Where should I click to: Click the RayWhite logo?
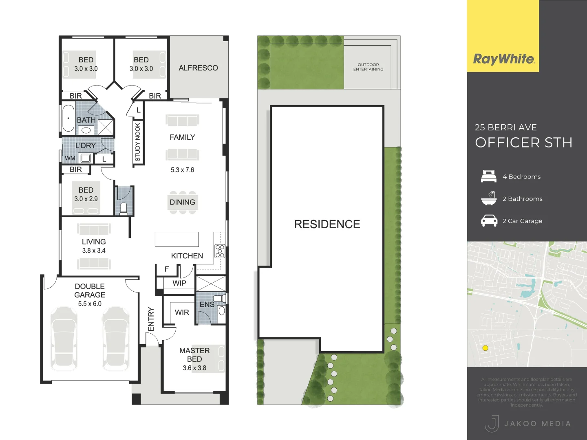pos(503,59)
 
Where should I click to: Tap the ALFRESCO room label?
pos(198,68)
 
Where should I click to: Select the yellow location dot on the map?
pos(485,348)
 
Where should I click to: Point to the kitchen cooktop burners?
pos(220,251)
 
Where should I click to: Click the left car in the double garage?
pos(64,339)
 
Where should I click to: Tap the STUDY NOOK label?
pos(138,142)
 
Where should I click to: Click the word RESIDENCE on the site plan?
pos(327,224)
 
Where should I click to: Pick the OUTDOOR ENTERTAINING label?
pos(368,67)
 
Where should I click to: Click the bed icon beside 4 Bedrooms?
pos(489,176)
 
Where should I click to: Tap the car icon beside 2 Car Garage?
pos(489,221)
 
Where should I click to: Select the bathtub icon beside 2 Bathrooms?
pos(489,198)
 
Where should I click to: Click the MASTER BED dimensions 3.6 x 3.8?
pos(194,368)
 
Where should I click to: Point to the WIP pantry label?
pos(179,283)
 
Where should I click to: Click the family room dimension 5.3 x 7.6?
pos(182,170)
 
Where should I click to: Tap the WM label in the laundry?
pos(70,158)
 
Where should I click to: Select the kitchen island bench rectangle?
pos(177,240)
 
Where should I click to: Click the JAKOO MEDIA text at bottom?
pos(537,424)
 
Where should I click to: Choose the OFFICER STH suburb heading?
pos(523,143)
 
